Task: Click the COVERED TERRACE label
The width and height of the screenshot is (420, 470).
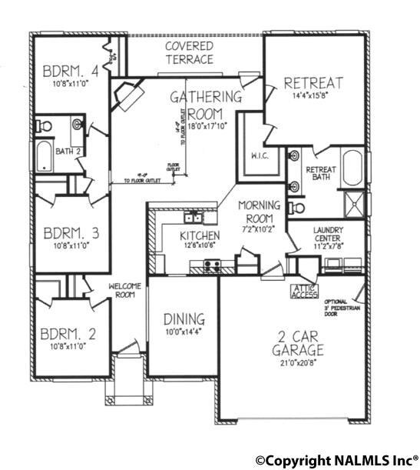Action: [x=189, y=52]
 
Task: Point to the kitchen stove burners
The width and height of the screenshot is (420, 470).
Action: [x=210, y=266]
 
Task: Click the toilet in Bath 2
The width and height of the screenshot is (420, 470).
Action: [x=45, y=125]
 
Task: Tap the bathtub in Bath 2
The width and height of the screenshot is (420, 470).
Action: [x=43, y=158]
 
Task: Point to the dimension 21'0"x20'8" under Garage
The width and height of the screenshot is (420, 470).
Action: [x=296, y=365]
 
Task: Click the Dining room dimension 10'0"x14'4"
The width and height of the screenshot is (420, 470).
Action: [x=183, y=332]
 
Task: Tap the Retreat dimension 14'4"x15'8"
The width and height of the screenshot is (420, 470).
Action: [x=313, y=98]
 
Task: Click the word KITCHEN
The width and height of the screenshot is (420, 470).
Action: [x=200, y=235]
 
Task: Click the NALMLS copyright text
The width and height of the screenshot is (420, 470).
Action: [x=337, y=460]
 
